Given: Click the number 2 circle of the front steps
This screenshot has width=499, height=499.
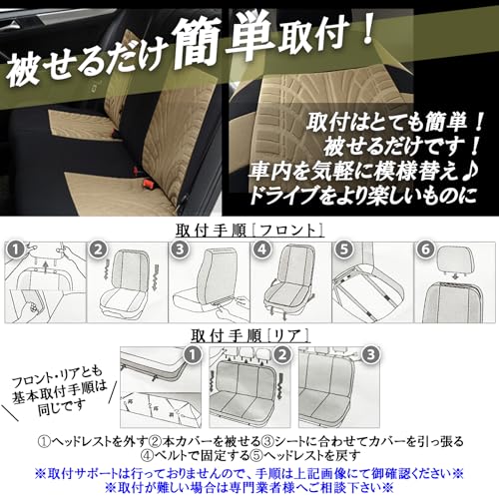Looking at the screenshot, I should [x=99, y=249].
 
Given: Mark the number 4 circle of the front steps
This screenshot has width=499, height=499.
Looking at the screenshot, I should [x=261, y=249].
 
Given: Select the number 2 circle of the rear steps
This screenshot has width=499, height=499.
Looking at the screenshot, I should [x=283, y=354].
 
